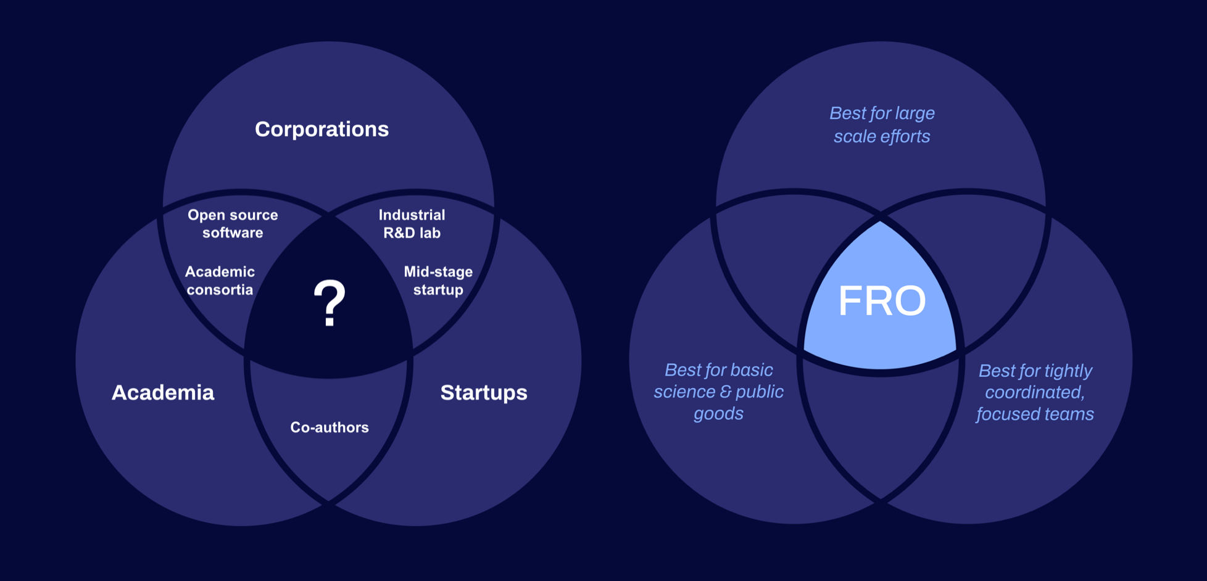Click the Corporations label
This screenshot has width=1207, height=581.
click(x=321, y=129)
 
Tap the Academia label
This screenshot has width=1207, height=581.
click(x=163, y=392)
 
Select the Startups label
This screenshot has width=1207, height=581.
click(x=484, y=392)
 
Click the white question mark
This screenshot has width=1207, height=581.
click(x=330, y=302)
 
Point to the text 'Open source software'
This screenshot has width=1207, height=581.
click(x=233, y=223)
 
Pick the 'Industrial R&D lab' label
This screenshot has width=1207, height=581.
click(x=412, y=223)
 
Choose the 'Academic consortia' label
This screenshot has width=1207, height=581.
click(x=220, y=281)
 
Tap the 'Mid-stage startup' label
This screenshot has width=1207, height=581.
click(x=438, y=281)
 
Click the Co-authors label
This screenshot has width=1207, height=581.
click(x=330, y=427)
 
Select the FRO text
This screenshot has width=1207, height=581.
click(x=882, y=301)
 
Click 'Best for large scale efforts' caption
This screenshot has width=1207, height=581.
click(x=882, y=125)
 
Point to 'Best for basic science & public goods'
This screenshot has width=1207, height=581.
click(x=718, y=392)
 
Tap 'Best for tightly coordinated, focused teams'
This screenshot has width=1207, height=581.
click(x=1035, y=392)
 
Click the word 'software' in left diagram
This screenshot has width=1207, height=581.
click(x=233, y=233)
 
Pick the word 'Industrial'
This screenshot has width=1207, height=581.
click(x=412, y=215)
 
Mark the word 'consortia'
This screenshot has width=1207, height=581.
click(x=220, y=290)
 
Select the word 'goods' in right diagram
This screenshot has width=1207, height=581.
click(x=718, y=413)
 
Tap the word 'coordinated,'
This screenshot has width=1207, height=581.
click(x=1035, y=392)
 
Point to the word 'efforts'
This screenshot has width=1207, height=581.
click(x=906, y=136)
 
